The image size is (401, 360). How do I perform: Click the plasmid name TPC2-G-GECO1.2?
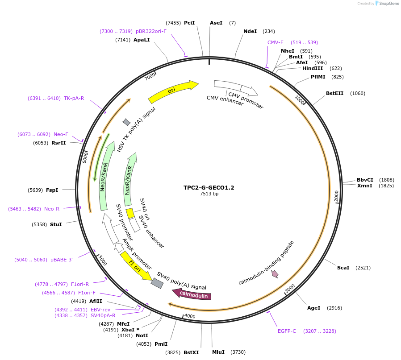tap(209, 188)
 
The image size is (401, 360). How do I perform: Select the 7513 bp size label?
tap(209, 194)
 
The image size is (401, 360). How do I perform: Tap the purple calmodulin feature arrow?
tap(192, 295)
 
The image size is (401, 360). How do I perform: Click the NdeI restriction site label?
tap(250, 31)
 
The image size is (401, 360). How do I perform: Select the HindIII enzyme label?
tap(312, 68)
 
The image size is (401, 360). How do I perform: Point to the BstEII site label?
tap(334, 93)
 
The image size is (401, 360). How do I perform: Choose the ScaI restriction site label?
tap(343, 268)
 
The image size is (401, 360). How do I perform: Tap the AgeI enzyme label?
tap(313, 308)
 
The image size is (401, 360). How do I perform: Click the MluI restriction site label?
tap(218, 352)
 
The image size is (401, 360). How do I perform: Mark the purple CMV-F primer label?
tap(276, 42)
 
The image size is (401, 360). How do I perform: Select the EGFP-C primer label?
tap(287, 331)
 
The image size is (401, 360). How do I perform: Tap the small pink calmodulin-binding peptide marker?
tap(275, 273)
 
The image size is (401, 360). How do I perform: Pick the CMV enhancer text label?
tap(225, 100)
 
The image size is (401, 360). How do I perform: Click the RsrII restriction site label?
tap(58, 143)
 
